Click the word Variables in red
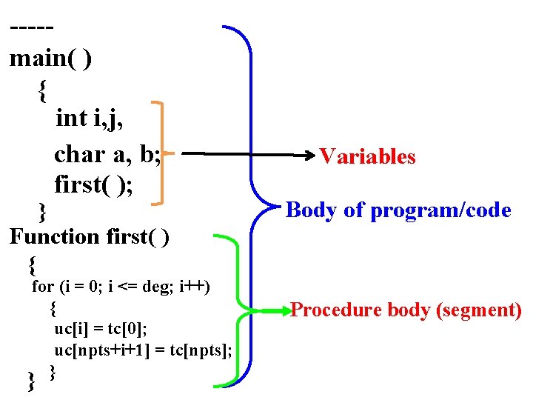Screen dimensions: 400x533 point(367,156)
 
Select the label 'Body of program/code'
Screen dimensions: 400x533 point(398,210)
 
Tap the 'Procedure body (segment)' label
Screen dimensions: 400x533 point(406,310)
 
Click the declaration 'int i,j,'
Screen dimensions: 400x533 point(89,118)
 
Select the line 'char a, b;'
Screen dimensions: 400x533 point(107,154)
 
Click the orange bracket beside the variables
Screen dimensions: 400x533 point(162,153)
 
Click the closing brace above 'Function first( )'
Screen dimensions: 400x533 point(43,211)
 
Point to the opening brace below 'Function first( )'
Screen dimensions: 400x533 point(32,264)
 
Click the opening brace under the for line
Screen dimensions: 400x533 point(53,307)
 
